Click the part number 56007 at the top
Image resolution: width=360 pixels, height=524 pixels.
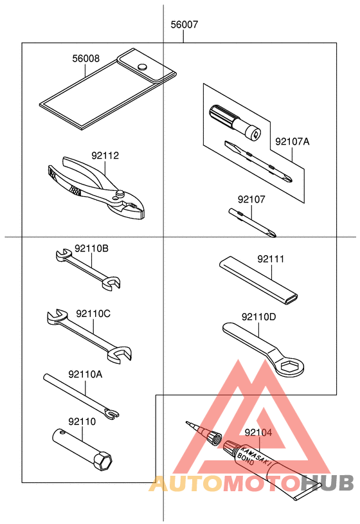184,26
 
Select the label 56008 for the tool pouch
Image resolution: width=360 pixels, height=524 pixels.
85,59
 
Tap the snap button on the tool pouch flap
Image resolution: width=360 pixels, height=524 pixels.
142,66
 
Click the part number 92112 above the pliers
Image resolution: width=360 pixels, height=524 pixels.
105,156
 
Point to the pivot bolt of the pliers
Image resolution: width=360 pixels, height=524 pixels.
119,192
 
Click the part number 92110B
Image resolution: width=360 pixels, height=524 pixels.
91,248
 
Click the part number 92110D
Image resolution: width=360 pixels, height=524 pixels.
259,316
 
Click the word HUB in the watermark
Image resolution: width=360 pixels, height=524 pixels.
328,483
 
